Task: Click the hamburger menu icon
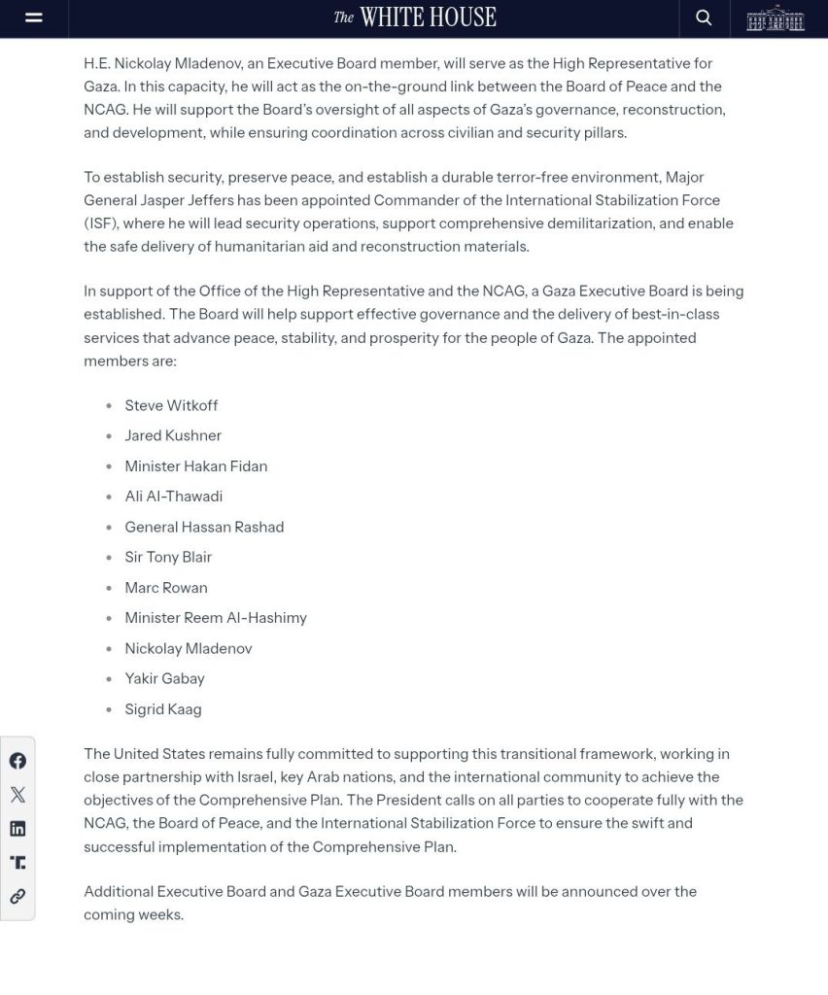(34, 17)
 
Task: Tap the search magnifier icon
(704, 17)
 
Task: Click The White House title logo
(415, 17)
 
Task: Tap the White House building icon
(776, 17)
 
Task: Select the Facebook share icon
(17, 761)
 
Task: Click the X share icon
(17, 795)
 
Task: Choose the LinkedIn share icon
(17, 829)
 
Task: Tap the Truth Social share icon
(17, 863)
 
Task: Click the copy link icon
(17, 897)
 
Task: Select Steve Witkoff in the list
(171, 405)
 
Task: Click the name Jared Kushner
(173, 435)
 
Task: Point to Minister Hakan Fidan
(195, 466)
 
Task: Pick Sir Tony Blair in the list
(168, 557)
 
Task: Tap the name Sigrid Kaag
(163, 709)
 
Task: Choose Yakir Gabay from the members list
(164, 678)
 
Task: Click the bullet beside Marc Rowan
(109, 589)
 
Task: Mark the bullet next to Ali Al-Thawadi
(109, 497)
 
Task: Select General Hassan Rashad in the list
(204, 527)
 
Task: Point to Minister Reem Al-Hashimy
(216, 618)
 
